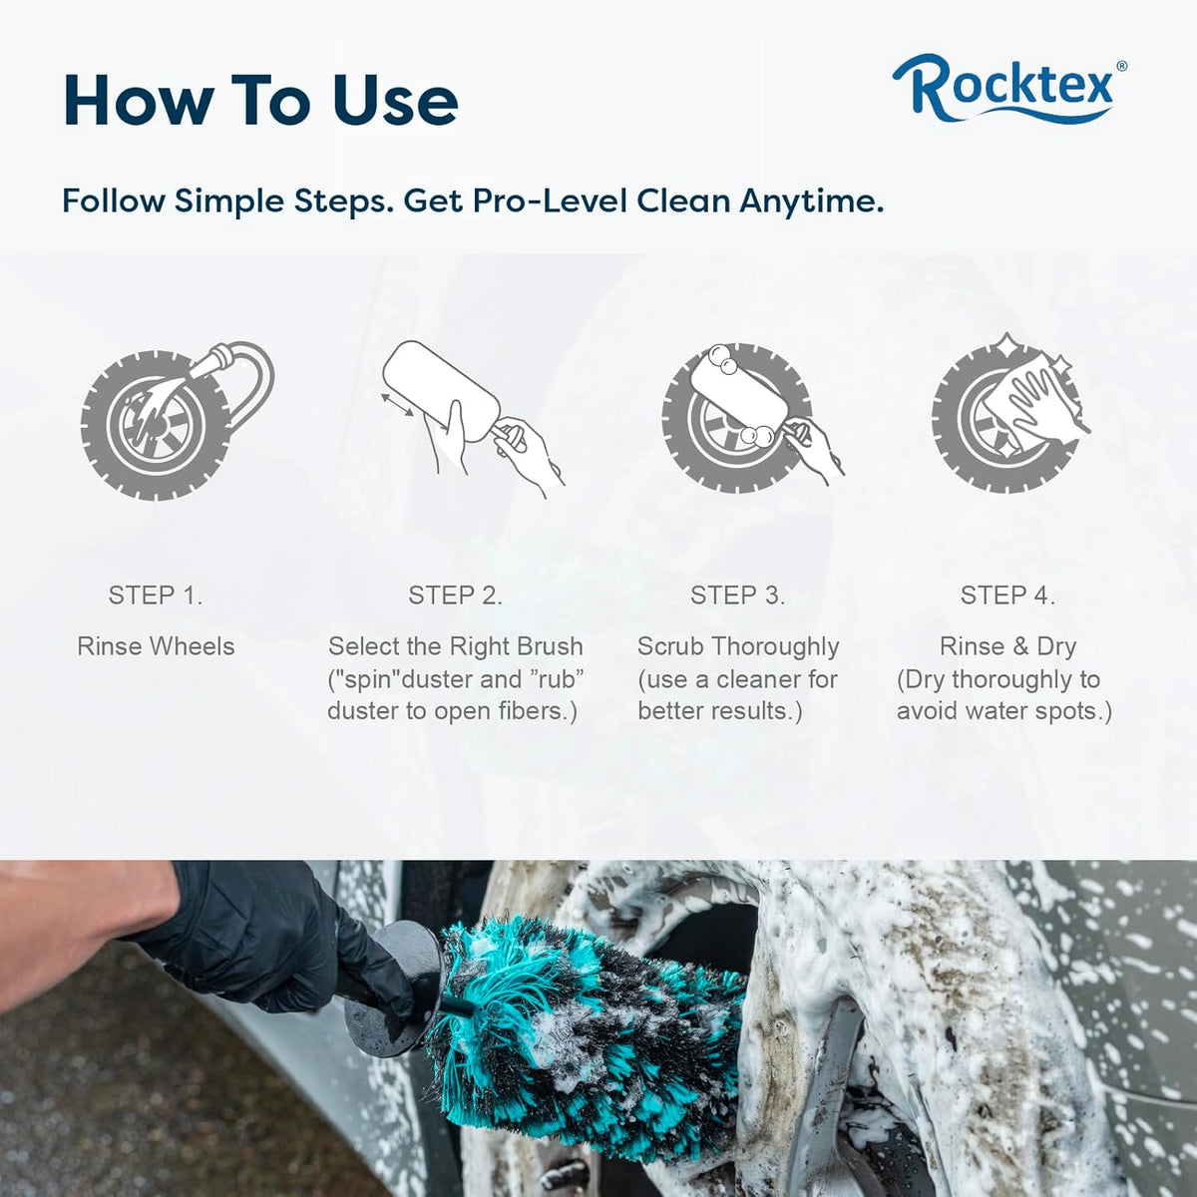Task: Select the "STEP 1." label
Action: click(x=156, y=596)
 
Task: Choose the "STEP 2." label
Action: click(x=455, y=596)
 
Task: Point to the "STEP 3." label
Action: click(x=737, y=596)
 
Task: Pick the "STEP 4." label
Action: click(x=1007, y=596)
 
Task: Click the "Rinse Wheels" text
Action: click(x=156, y=646)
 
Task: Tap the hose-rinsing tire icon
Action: click(x=177, y=420)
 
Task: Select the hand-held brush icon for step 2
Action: click(x=472, y=419)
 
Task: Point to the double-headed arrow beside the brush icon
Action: click(x=398, y=404)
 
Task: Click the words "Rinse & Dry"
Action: click(x=1007, y=646)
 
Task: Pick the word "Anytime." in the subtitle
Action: click(x=811, y=201)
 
